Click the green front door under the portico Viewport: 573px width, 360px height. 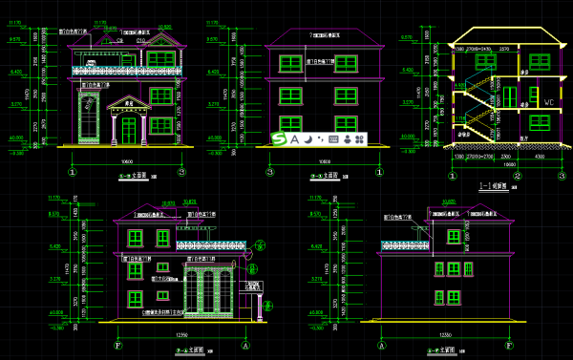tap(129, 129)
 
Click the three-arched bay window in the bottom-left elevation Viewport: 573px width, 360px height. tap(202, 286)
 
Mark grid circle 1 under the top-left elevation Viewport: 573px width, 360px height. tap(73, 173)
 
